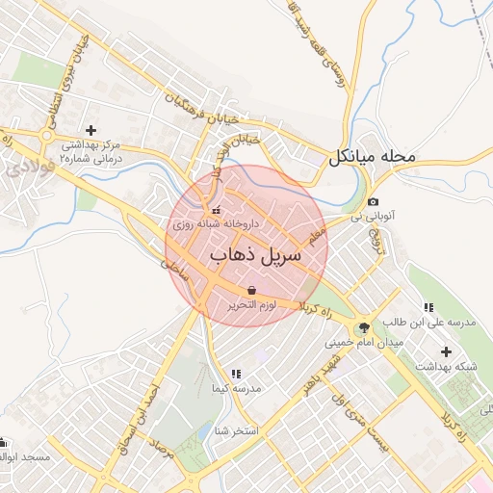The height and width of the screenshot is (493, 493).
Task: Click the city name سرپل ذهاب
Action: (x=255, y=255)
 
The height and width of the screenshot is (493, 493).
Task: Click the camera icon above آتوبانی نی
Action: (x=373, y=201)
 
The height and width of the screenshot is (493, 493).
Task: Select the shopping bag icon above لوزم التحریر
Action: (x=251, y=289)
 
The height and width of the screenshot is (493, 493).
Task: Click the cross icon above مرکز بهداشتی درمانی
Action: (x=91, y=130)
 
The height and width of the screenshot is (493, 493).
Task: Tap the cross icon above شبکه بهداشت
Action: (x=445, y=350)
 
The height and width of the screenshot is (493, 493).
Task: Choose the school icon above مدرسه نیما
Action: (x=235, y=374)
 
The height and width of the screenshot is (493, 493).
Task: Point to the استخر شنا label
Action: (x=235, y=430)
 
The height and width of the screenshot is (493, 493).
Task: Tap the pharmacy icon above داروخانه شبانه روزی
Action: (x=216, y=210)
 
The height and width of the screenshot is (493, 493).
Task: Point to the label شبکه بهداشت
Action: (x=446, y=367)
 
